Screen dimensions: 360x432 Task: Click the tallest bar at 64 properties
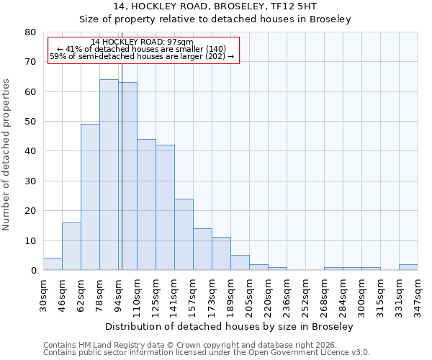[109, 175]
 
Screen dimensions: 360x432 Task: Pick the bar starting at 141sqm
[184, 234]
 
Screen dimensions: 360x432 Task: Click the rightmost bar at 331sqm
[408, 267]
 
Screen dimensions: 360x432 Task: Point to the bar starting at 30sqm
[53, 264]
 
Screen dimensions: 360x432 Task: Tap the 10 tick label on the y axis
[32, 241]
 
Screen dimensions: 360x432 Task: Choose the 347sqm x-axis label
[418, 294]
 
